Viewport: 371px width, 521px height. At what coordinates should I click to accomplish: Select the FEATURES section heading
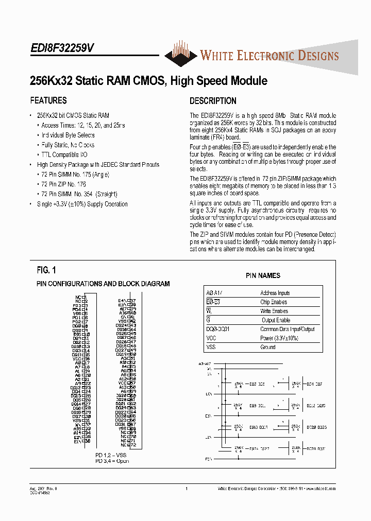click(x=48, y=100)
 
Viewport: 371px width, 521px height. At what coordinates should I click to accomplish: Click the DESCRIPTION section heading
click(x=213, y=101)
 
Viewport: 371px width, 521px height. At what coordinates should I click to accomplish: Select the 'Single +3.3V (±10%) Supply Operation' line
click(x=82, y=204)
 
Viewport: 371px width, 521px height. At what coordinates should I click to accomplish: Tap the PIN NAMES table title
click(x=263, y=276)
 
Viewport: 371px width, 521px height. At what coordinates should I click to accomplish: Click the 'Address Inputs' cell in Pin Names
click(x=275, y=293)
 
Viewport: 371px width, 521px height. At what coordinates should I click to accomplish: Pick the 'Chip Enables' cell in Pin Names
click(x=274, y=302)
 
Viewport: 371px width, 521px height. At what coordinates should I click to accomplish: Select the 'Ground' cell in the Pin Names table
click(x=268, y=347)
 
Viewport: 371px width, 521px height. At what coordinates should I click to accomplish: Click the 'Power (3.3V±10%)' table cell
click(x=279, y=338)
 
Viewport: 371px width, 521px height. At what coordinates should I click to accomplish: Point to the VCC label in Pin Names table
click(x=211, y=338)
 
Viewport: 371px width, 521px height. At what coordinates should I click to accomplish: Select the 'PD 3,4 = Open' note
click(x=112, y=461)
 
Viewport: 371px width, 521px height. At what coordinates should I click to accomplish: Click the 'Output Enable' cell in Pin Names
click(x=276, y=320)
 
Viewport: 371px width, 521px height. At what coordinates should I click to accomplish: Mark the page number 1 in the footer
click(x=187, y=489)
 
